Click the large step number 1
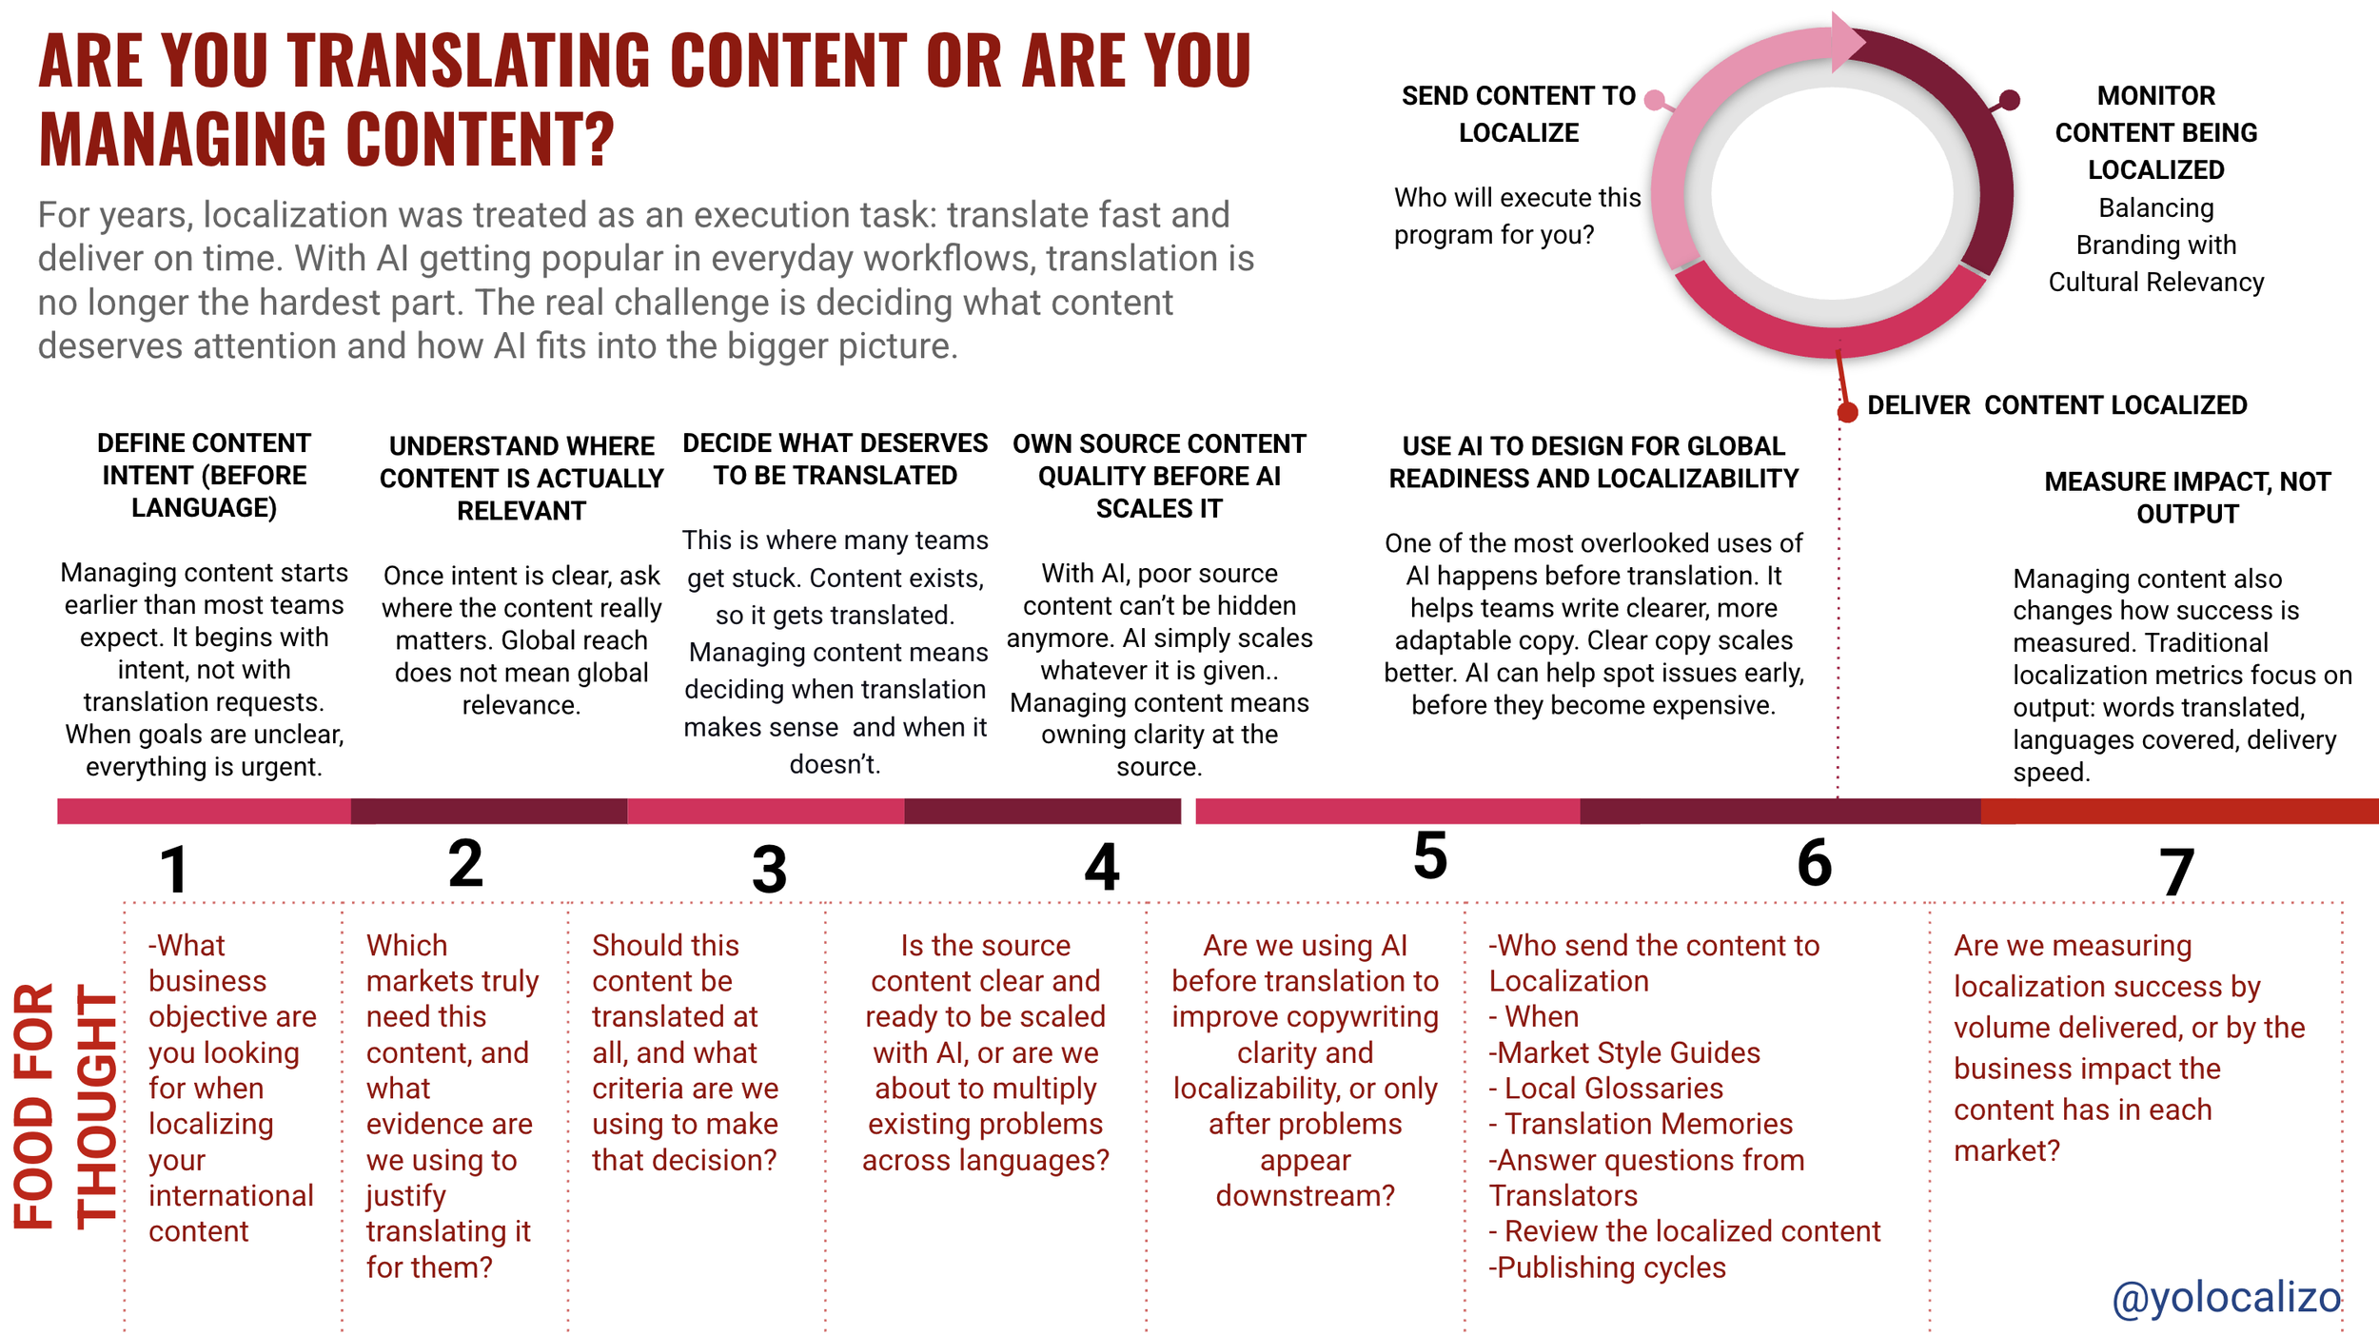pos(174,870)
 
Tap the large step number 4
pos(1102,867)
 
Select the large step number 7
pos(2176,873)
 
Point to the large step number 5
pos(1430,854)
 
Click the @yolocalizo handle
pos(2225,1298)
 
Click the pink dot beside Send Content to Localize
pos(1655,100)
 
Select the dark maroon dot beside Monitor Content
pos(2009,100)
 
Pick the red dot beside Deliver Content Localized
pos(1847,412)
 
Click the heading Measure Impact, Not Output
pos(2187,498)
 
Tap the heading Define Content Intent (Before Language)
pos(204,475)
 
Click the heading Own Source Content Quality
pos(1159,476)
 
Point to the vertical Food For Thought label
pos(64,1106)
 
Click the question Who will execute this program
pos(1517,216)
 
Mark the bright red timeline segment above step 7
pos(2179,811)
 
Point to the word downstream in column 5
pos(1305,1195)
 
